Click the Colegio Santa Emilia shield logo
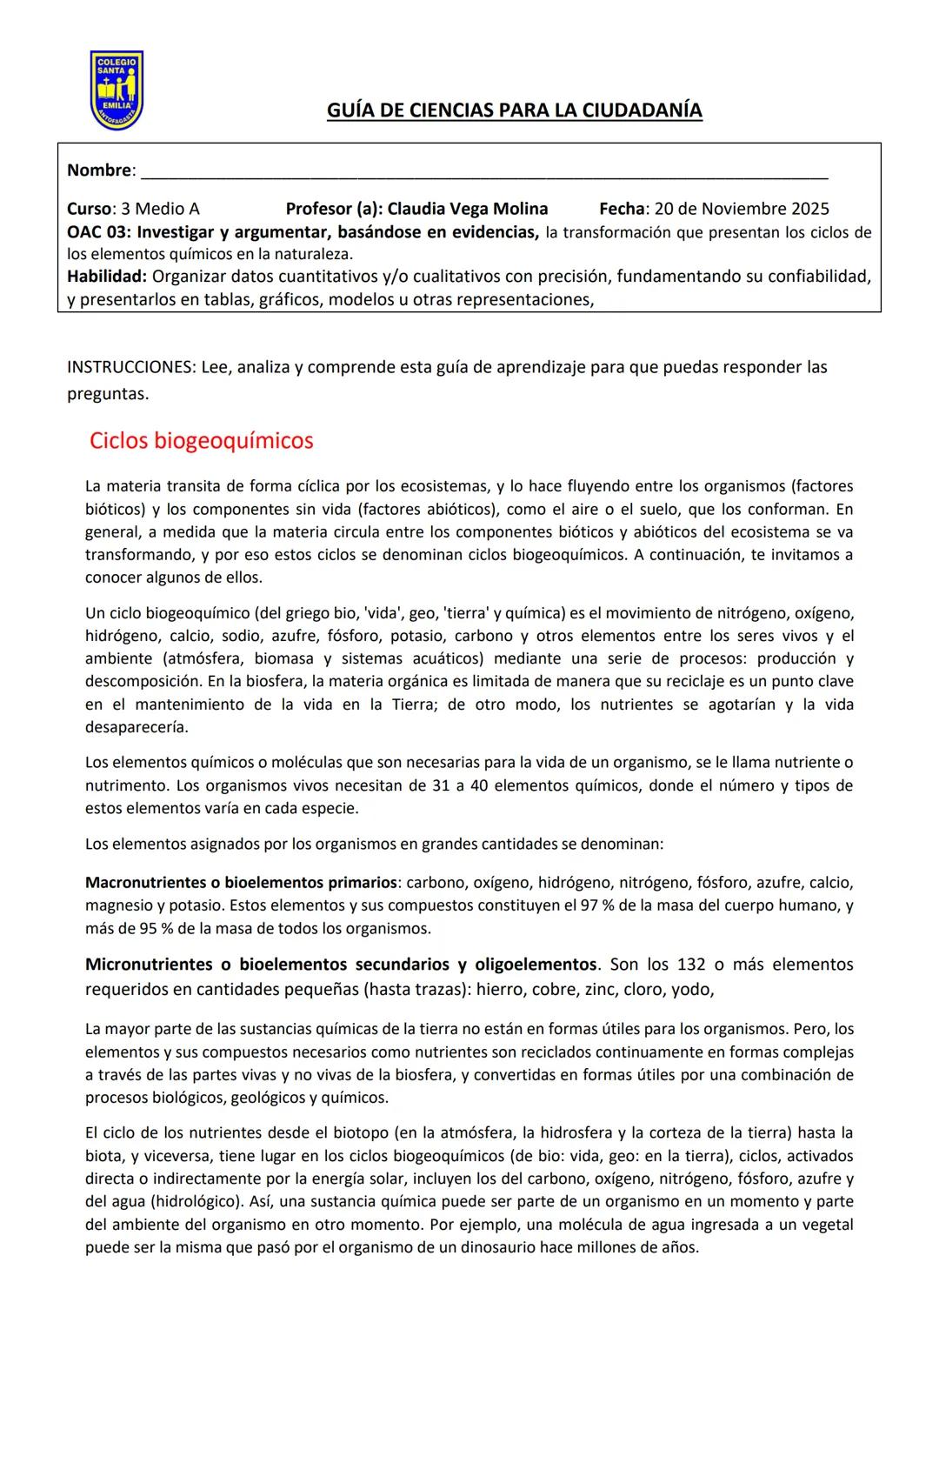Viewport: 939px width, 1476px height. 117,90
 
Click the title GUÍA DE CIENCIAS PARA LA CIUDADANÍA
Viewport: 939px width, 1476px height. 514,110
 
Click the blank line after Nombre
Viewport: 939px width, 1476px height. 483,171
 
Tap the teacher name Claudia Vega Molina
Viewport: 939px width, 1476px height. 467,209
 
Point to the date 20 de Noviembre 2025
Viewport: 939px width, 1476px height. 741,209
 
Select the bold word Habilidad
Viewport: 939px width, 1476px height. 105,277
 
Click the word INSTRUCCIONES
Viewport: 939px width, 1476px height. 130,367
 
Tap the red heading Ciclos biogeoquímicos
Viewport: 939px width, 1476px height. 201,440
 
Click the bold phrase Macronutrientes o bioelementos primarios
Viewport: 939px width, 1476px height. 241,883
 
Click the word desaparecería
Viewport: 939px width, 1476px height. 136,727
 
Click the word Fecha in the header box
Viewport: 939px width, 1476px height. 622,209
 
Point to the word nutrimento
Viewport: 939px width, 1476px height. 126,785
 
